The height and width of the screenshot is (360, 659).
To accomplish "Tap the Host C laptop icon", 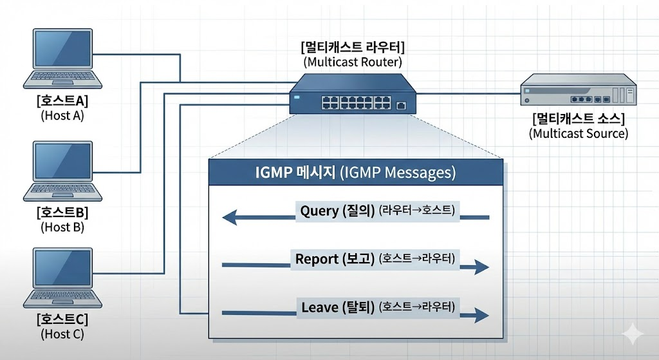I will coord(62,278).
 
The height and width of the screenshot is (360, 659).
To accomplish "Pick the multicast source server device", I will coord(577,91).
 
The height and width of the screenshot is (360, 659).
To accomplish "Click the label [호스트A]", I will coord(62,101).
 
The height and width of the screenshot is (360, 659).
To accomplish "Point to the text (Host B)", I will coord(62,227).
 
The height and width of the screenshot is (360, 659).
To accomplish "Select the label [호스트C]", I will coord(62,319).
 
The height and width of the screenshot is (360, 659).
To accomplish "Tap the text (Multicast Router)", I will coord(353,62).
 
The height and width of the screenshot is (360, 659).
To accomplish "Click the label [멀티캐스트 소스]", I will coord(578,119).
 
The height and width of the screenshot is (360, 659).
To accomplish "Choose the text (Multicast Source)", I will coord(578,134).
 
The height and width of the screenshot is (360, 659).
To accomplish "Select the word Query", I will coord(319,211).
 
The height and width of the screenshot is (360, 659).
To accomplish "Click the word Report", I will coord(317,259).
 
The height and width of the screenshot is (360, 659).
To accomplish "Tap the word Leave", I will coord(320,307).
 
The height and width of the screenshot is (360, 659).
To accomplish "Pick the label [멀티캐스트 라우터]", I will coord(353,48).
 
